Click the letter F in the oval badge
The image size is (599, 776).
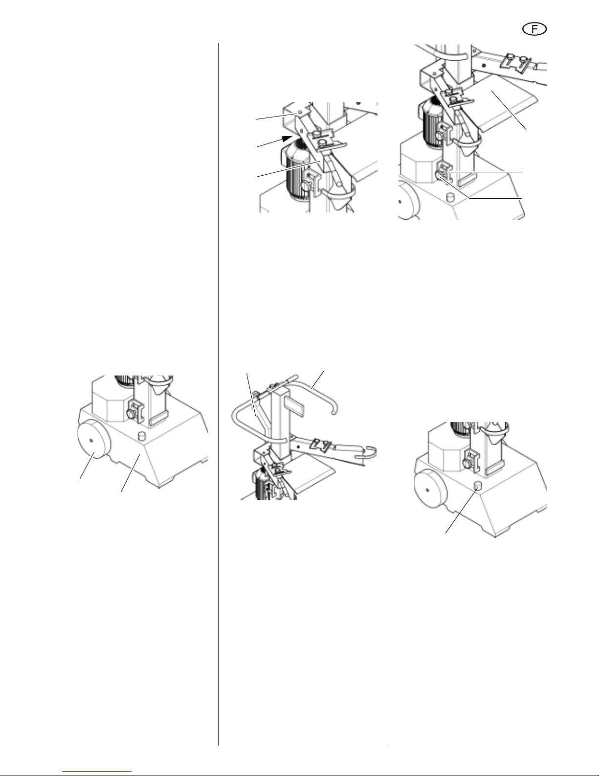534,29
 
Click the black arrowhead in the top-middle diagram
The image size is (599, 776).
287,139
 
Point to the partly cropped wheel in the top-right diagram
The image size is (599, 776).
409,202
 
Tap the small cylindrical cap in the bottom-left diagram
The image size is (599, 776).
142,436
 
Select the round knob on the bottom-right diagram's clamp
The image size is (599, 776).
467,464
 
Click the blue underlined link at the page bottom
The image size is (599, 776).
97,770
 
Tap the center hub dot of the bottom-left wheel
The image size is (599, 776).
91,441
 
